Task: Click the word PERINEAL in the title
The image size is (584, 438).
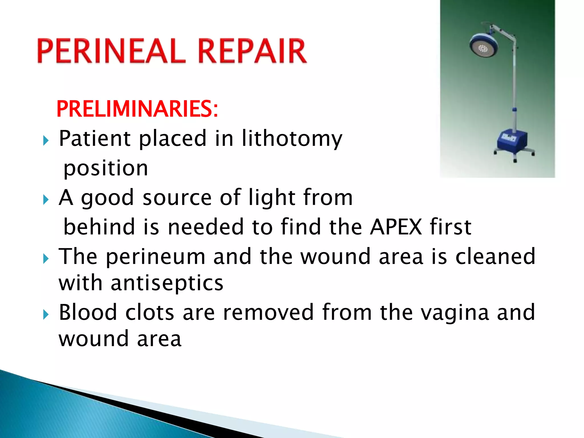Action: pyautogui.click(x=111, y=51)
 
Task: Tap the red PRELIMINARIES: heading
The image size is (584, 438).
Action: pyautogui.click(x=137, y=109)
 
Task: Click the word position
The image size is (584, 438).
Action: pyautogui.click(x=106, y=169)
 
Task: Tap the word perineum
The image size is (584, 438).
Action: pyautogui.click(x=156, y=257)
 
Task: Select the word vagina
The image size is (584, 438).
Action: pyautogui.click(x=455, y=313)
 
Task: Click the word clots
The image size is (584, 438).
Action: pyautogui.click(x=150, y=313)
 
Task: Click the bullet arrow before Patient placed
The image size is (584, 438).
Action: pyautogui.click(x=46, y=141)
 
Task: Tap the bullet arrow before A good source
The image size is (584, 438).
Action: pyautogui.click(x=46, y=200)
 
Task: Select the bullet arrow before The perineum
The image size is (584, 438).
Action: pyautogui.click(x=46, y=259)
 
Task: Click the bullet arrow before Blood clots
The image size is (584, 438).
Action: pyautogui.click(x=46, y=315)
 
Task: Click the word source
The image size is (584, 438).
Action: pyautogui.click(x=177, y=198)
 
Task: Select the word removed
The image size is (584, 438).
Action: pyautogui.click(x=268, y=313)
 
